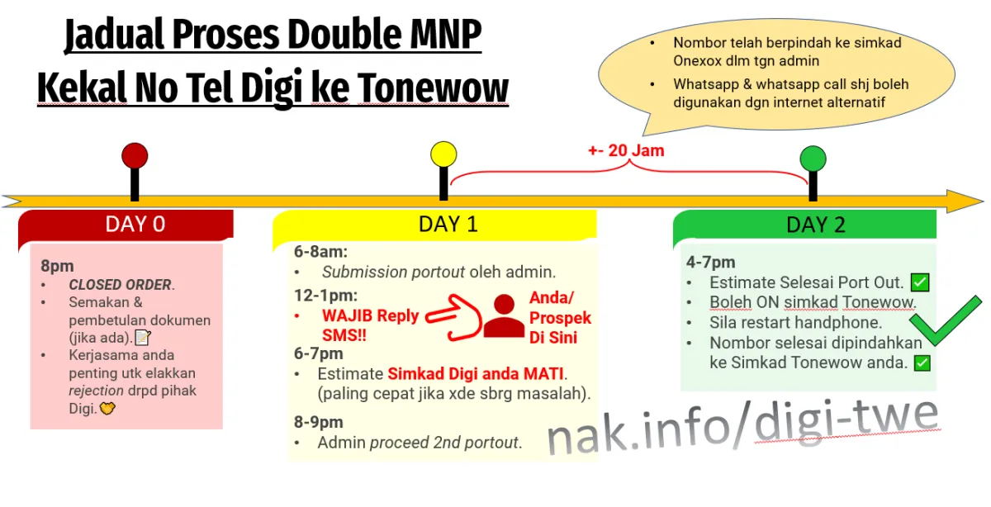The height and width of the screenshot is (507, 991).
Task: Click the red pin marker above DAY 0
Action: (135, 156)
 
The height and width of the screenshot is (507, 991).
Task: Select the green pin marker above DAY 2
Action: (813, 159)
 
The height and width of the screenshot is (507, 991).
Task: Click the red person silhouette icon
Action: (503, 316)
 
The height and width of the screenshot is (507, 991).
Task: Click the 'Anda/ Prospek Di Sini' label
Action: (560, 318)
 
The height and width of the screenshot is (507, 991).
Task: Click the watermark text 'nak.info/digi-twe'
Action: (743, 426)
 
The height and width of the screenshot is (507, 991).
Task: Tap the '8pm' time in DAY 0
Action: (57, 266)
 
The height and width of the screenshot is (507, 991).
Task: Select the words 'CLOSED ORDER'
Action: (120, 285)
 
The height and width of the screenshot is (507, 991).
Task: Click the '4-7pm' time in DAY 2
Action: (710, 262)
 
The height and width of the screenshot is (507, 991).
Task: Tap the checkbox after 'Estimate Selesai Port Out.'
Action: (920, 282)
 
